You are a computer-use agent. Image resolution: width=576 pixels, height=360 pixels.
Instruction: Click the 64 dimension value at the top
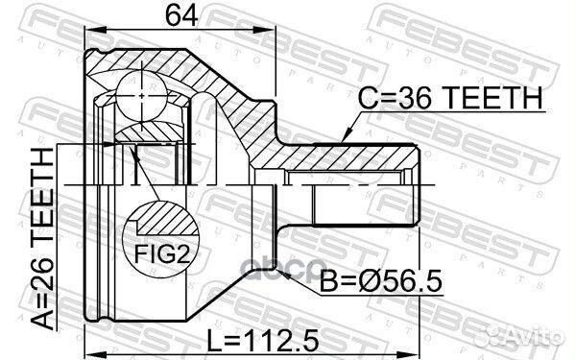[181, 15]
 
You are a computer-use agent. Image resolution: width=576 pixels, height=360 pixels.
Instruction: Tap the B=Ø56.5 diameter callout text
[381, 281]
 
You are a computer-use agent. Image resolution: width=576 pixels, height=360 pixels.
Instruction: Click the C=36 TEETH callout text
[450, 98]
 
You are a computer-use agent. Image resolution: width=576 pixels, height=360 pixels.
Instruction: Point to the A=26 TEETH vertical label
[43, 238]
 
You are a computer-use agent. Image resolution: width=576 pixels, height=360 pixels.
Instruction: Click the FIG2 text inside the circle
[162, 254]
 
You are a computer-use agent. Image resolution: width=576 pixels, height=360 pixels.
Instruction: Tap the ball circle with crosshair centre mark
[142, 96]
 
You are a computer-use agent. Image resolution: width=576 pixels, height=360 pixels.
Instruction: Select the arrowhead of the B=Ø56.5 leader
[282, 272]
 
